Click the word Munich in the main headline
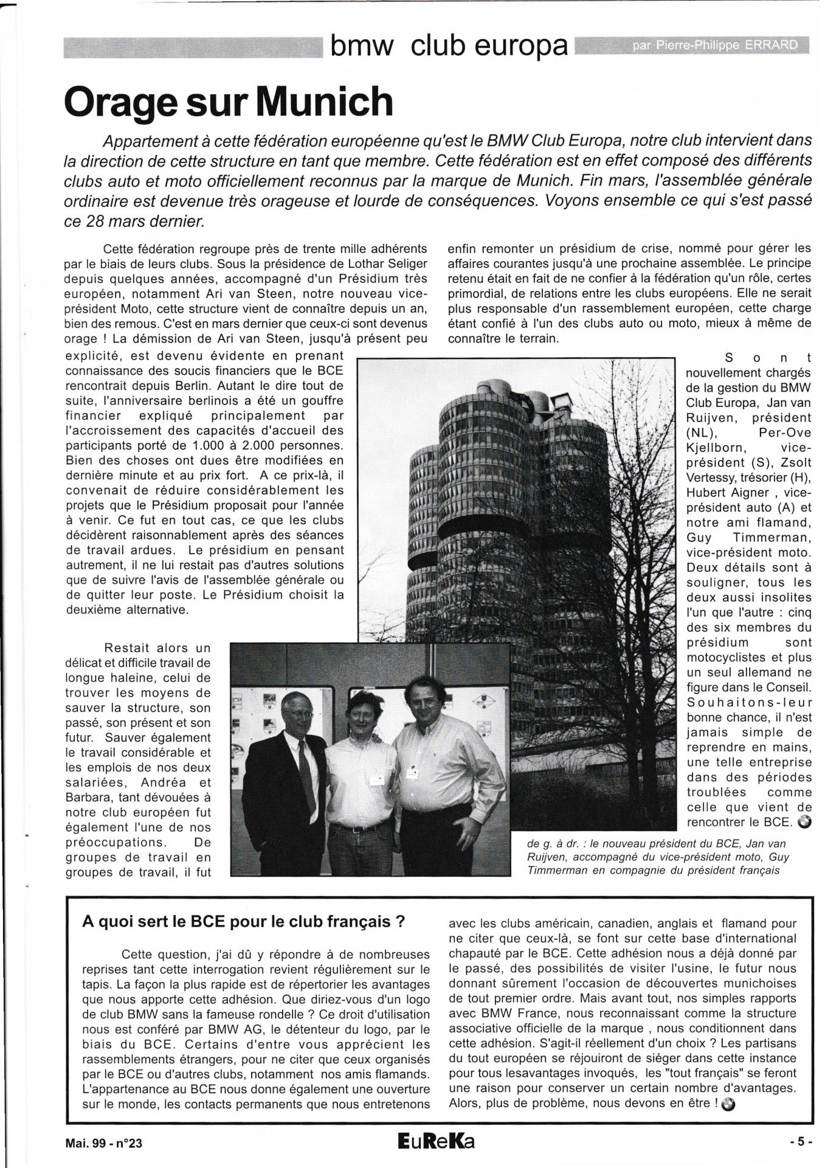pos(323,101)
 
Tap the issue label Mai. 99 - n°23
pos(103,1143)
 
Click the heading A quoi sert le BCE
pos(243,921)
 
